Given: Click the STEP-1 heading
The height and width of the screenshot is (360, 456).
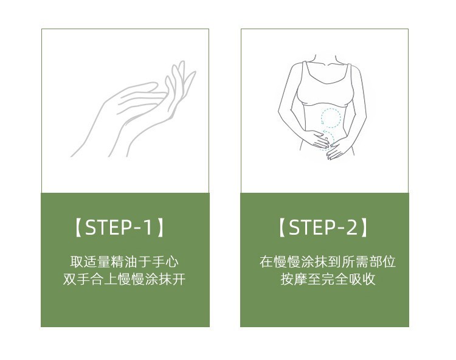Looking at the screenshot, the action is click(120, 227).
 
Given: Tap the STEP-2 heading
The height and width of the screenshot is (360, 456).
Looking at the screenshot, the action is click(323, 227).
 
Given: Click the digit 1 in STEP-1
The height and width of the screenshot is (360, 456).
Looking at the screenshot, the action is click(148, 227).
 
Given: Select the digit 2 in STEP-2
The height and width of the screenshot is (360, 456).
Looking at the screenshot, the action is click(351, 227).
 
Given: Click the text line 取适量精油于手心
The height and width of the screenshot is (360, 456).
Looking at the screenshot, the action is click(124, 261).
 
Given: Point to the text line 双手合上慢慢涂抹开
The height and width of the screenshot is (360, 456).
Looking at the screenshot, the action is click(124, 279).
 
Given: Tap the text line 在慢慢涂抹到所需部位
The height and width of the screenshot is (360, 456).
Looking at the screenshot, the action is click(328, 261).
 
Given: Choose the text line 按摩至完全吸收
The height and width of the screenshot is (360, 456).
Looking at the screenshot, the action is click(328, 279).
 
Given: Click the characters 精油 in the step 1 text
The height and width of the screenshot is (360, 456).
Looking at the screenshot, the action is click(124, 261).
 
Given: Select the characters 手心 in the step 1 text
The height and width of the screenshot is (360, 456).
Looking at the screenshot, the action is click(165, 261).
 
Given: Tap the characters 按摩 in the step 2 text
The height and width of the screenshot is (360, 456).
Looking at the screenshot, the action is click(294, 279).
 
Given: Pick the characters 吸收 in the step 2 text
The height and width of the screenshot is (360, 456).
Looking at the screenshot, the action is click(362, 279).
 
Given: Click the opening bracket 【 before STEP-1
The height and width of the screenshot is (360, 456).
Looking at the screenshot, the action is click(78, 228).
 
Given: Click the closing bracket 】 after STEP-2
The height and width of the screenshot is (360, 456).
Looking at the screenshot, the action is click(364, 228).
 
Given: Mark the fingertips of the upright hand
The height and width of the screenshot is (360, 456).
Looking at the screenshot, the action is click(181, 66).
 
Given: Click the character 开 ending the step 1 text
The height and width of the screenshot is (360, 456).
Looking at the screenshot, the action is click(179, 279).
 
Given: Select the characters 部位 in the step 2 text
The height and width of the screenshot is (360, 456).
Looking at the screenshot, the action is click(382, 261).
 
